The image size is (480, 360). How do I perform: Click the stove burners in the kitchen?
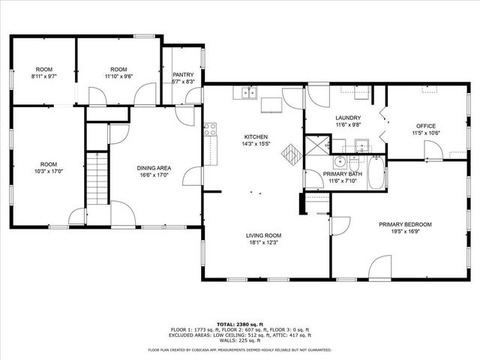[x=211, y=130]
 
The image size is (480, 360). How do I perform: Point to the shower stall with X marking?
[x=319, y=142]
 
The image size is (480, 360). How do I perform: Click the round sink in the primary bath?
[x=339, y=160]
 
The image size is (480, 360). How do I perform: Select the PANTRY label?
[x=183, y=74]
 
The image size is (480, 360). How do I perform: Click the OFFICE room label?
[x=426, y=125]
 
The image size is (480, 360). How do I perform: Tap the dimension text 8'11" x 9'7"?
[x=43, y=76]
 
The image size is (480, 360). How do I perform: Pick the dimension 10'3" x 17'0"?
[x=49, y=172]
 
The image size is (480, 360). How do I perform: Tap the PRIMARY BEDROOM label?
[x=404, y=224]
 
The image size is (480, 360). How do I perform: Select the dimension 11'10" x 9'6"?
[x=119, y=76]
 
